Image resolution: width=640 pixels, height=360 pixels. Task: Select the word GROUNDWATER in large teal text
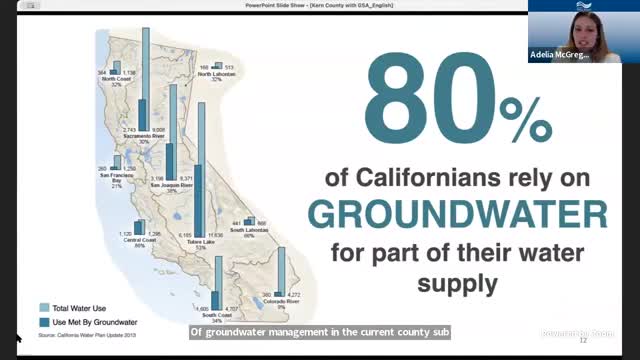[x=457, y=215]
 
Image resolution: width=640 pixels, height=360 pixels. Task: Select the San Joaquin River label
[x=170, y=185]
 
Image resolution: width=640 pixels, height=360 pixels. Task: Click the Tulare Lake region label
[x=202, y=241]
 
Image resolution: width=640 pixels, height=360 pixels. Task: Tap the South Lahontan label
[x=249, y=230]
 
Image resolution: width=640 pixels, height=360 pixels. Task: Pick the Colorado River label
[x=280, y=302]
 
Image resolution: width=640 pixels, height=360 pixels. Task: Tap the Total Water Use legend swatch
[x=45, y=308]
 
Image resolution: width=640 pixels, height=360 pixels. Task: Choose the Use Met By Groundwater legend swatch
[x=45, y=322]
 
